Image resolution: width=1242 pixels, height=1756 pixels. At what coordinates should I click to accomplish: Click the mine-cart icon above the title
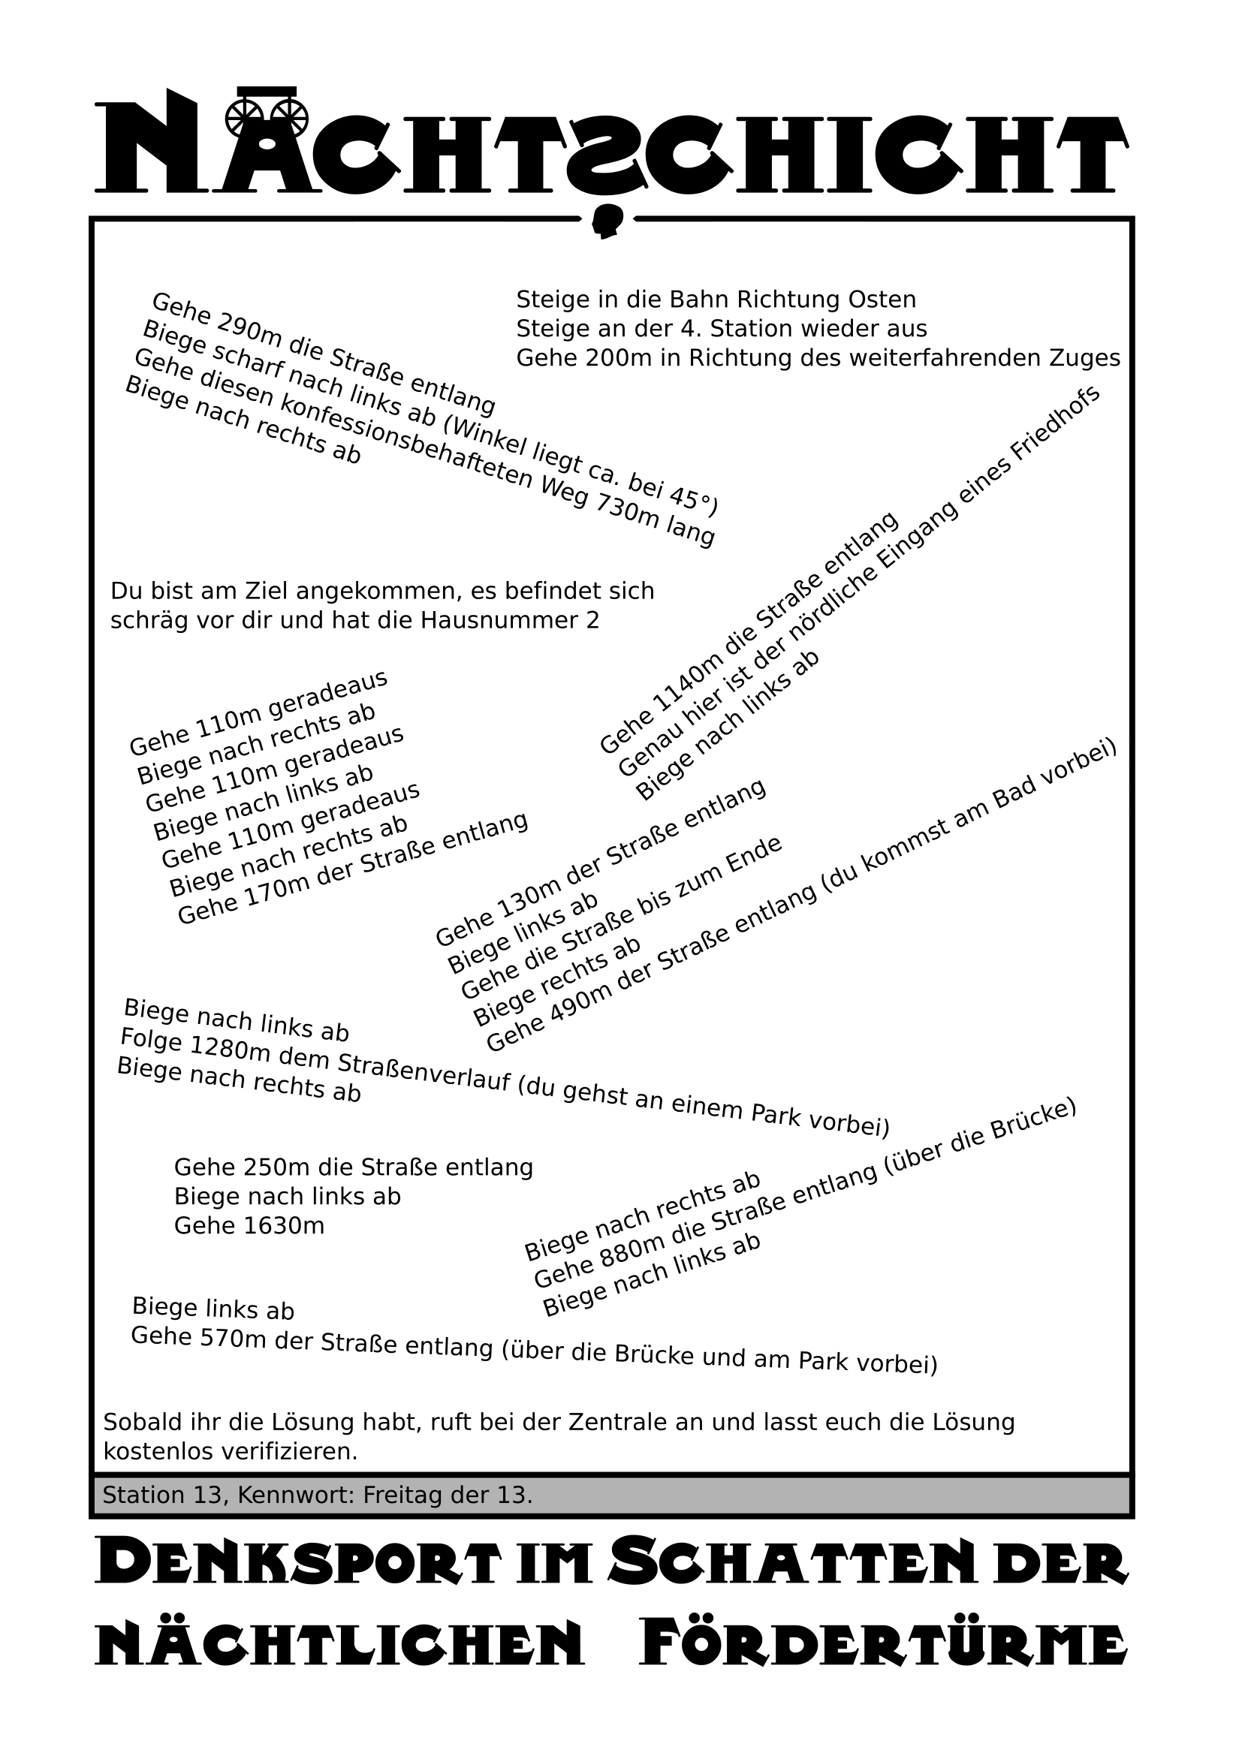point(267,110)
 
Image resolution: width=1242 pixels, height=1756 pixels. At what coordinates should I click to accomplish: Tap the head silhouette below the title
point(608,221)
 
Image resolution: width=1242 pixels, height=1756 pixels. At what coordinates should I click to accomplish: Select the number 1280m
point(230,1050)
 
